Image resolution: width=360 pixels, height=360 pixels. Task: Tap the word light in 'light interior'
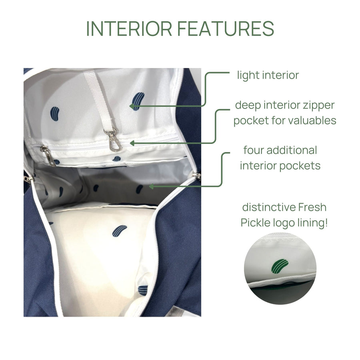(x=248, y=75)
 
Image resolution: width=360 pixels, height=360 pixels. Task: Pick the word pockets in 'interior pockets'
(x=301, y=166)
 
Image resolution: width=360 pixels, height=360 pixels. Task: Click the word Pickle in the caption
(x=256, y=223)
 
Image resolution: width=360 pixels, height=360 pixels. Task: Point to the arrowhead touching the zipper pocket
(x=132, y=142)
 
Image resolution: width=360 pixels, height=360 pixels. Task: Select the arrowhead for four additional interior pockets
(x=151, y=186)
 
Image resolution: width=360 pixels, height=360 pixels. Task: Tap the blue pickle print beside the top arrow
(x=138, y=100)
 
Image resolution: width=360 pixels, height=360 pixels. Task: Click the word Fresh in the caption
(x=312, y=208)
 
